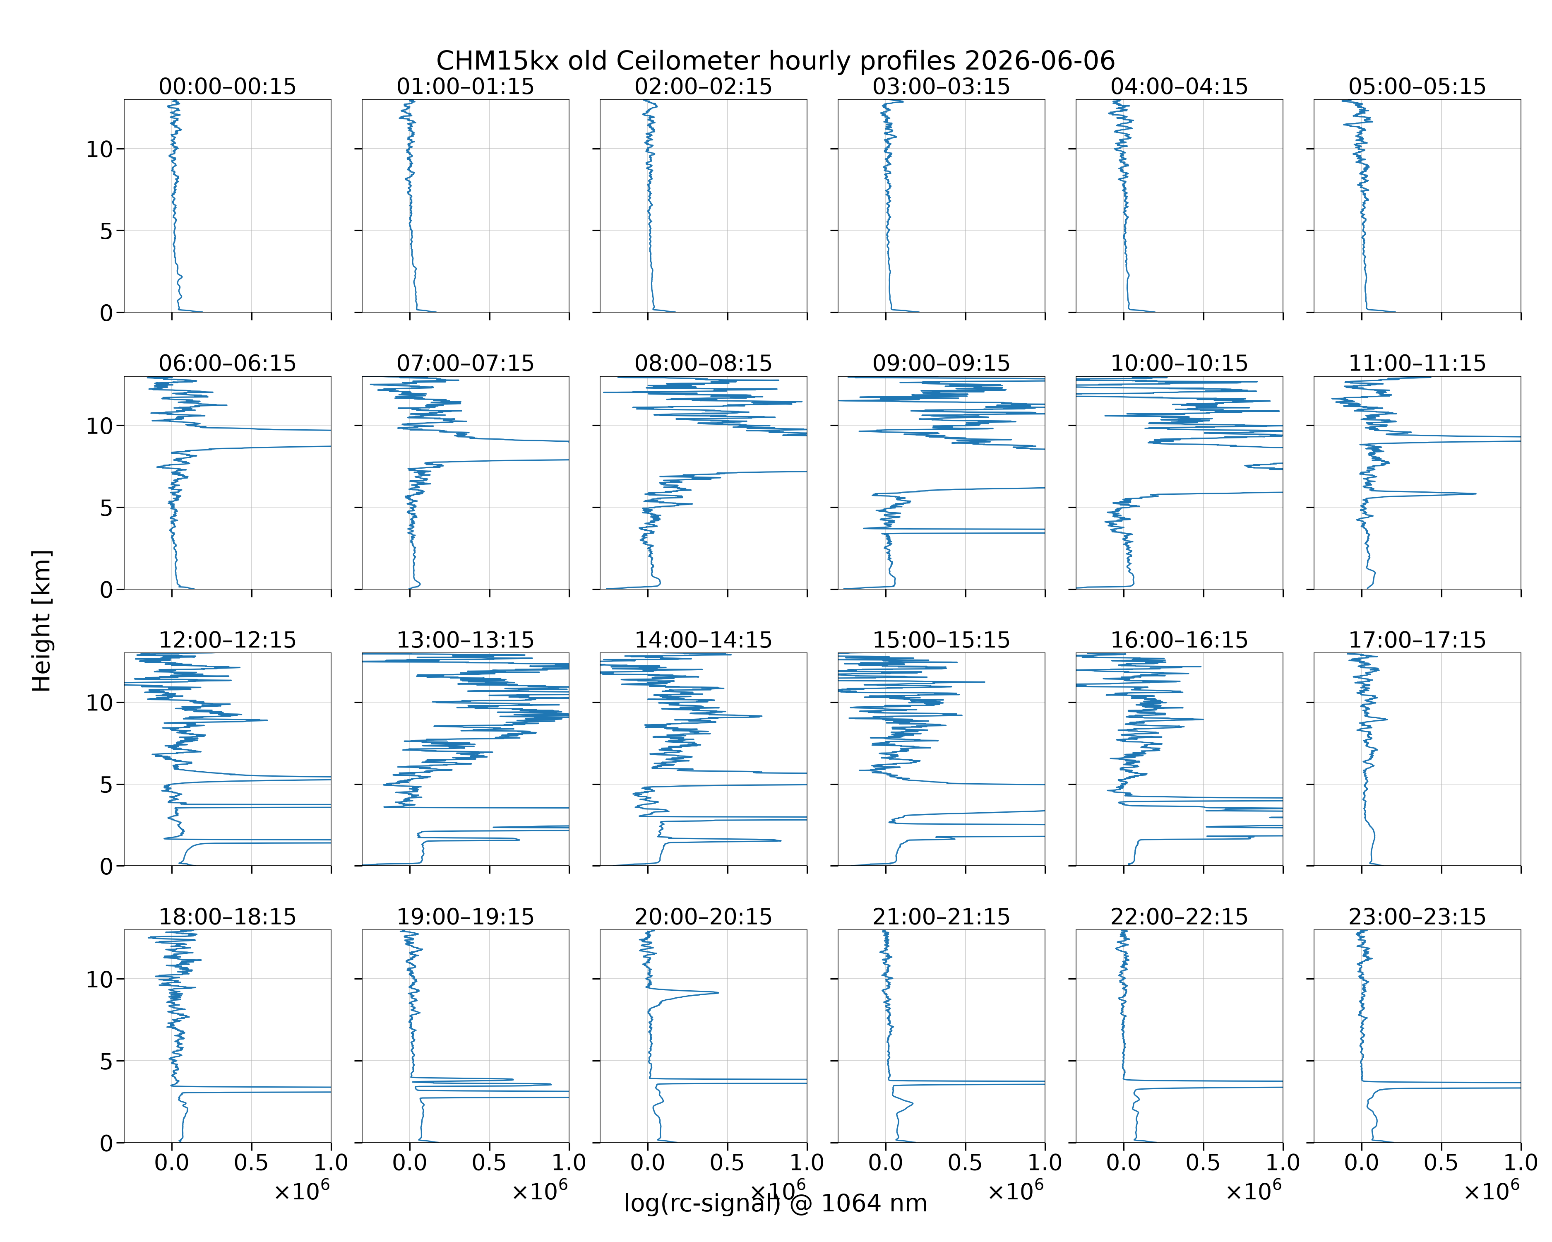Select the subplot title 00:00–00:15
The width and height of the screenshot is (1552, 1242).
tap(228, 87)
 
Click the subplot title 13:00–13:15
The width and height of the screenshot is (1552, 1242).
tap(465, 640)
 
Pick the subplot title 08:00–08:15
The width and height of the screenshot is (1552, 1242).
tap(703, 363)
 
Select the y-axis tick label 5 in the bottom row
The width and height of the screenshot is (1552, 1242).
tap(106, 1061)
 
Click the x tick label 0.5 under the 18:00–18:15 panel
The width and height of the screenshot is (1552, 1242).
tap(251, 1163)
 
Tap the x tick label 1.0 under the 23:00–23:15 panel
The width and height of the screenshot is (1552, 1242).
tap(1520, 1163)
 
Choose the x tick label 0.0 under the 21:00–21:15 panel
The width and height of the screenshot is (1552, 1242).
tap(885, 1163)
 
